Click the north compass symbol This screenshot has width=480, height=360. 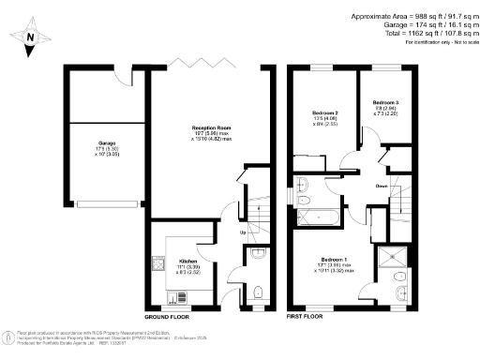pos(29,38)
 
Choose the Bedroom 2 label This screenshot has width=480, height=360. pos(324,117)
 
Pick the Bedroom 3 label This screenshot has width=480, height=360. pos(385,105)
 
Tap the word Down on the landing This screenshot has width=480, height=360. pos(382,187)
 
